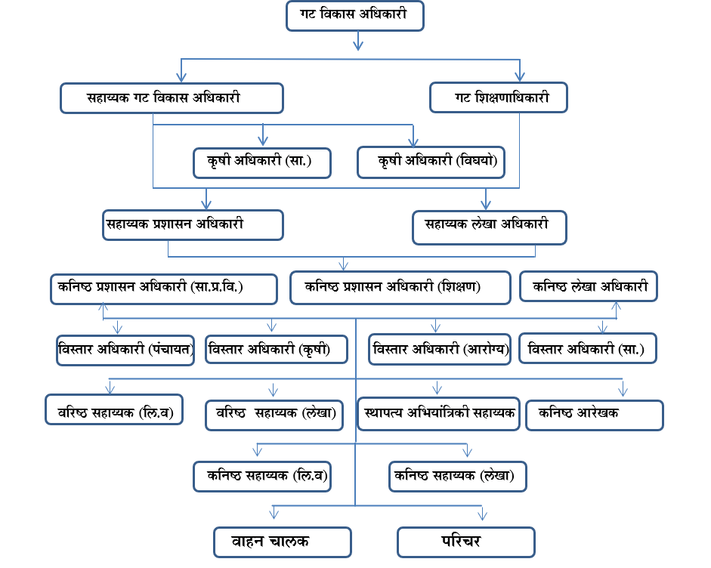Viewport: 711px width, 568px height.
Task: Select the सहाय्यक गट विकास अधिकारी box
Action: (x=172, y=98)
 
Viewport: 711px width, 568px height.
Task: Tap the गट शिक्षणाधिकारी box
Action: (x=499, y=98)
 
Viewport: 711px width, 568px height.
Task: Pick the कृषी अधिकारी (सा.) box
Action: (x=261, y=162)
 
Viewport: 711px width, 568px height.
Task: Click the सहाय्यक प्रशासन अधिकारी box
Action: (x=193, y=225)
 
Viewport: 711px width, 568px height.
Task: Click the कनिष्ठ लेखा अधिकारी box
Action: (x=589, y=287)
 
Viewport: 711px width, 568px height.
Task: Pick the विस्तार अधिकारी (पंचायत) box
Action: (x=125, y=350)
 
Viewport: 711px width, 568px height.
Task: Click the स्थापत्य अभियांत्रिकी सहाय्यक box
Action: (x=439, y=414)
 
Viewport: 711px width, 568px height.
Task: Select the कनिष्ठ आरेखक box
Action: (x=595, y=415)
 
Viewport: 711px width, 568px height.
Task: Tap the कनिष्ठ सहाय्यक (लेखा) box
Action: (x=456, y=477)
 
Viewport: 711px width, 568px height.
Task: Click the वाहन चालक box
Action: (x=282, y=542)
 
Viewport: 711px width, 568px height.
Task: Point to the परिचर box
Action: (x=466, y=542)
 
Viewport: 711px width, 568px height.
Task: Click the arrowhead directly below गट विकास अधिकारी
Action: (x=358, y=45)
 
